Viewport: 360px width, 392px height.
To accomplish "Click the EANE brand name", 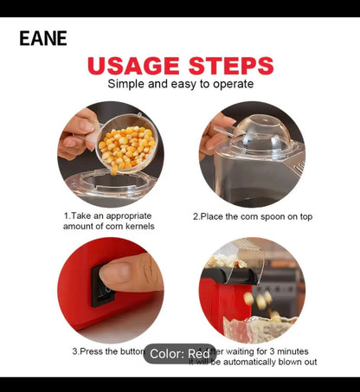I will pyautogui.click(x=42, y=38).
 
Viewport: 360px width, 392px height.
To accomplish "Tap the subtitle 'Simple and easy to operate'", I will pyautogui.click(x=180, y=84).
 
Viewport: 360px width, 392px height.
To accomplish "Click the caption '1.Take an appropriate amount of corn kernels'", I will pyautogui.click(x=108, y=220).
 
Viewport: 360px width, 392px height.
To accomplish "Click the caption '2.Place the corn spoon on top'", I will pyautogui.click(x=252, y=216).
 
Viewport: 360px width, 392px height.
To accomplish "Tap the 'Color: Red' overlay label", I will pyautogui.click(x=179, y=353).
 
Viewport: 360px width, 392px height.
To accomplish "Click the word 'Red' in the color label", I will pyautogui.click(x=198, y=353).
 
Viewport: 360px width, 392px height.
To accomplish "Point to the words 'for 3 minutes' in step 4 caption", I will pyautogui.click(x=285, y=351).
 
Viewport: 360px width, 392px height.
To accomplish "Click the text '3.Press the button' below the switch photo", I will pyautogui.click(x=106, y=351).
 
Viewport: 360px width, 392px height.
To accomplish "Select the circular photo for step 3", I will pyautogui.click(x=110, y=290).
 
